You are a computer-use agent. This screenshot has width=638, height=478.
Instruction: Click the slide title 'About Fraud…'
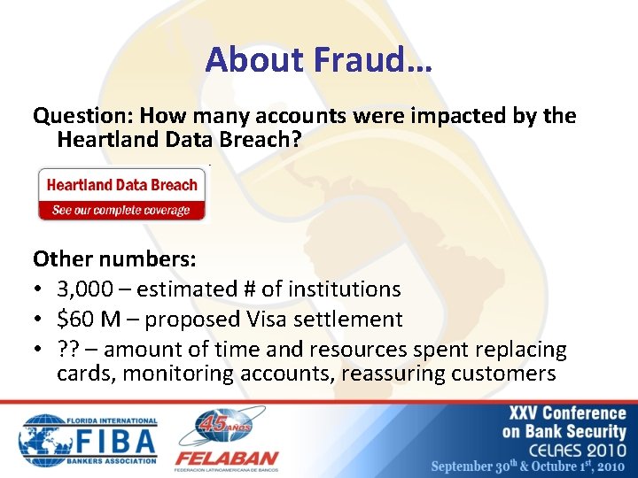tap(318, 59)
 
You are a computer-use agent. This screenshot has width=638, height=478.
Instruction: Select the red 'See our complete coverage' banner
tap(121, 211)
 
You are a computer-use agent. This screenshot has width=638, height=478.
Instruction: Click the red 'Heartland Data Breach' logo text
tap(121, 185)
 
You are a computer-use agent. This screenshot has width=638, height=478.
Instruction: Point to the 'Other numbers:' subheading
tap(114, 258)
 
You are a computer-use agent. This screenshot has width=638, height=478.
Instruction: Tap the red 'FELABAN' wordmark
tap(227, 459)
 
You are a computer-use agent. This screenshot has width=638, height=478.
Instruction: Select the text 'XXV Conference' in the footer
tap(566, 413)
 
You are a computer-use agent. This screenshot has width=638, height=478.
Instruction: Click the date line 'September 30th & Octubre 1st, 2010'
tap(528, 466)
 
